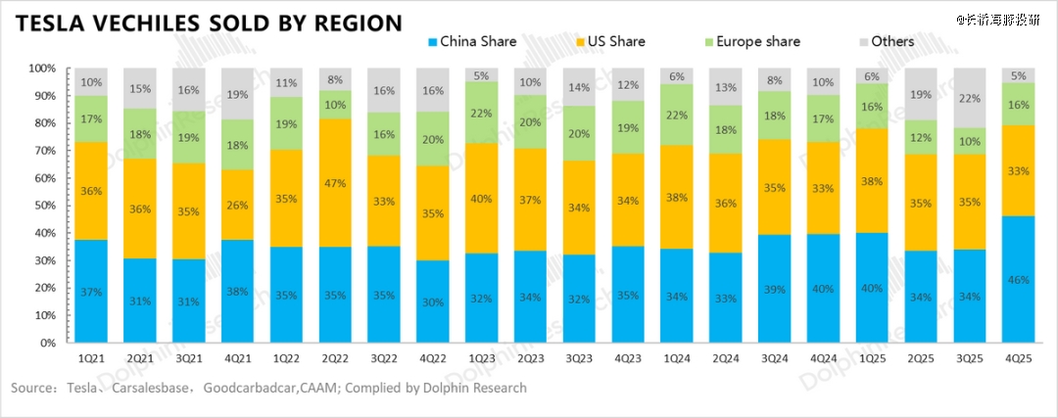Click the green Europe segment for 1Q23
point(480,113)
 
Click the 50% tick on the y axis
point(43,206)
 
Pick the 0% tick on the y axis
point(47,344)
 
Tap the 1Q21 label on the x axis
point(92,360)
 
